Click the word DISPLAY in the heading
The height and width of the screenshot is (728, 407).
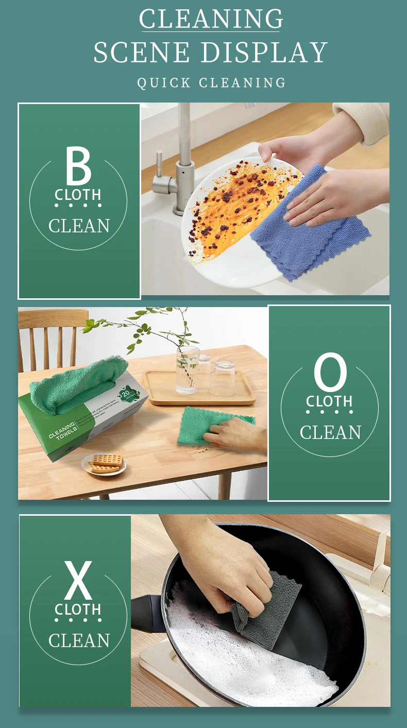[x=264, y=53]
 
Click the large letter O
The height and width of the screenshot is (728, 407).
[x=330, y=372]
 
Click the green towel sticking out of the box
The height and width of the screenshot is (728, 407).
[x=77, y=384]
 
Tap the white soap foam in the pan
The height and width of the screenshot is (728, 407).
[x=247, y=665]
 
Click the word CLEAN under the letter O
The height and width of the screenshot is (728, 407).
[x=330, y=432]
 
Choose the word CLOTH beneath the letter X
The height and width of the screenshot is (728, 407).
[x=78, y=610]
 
